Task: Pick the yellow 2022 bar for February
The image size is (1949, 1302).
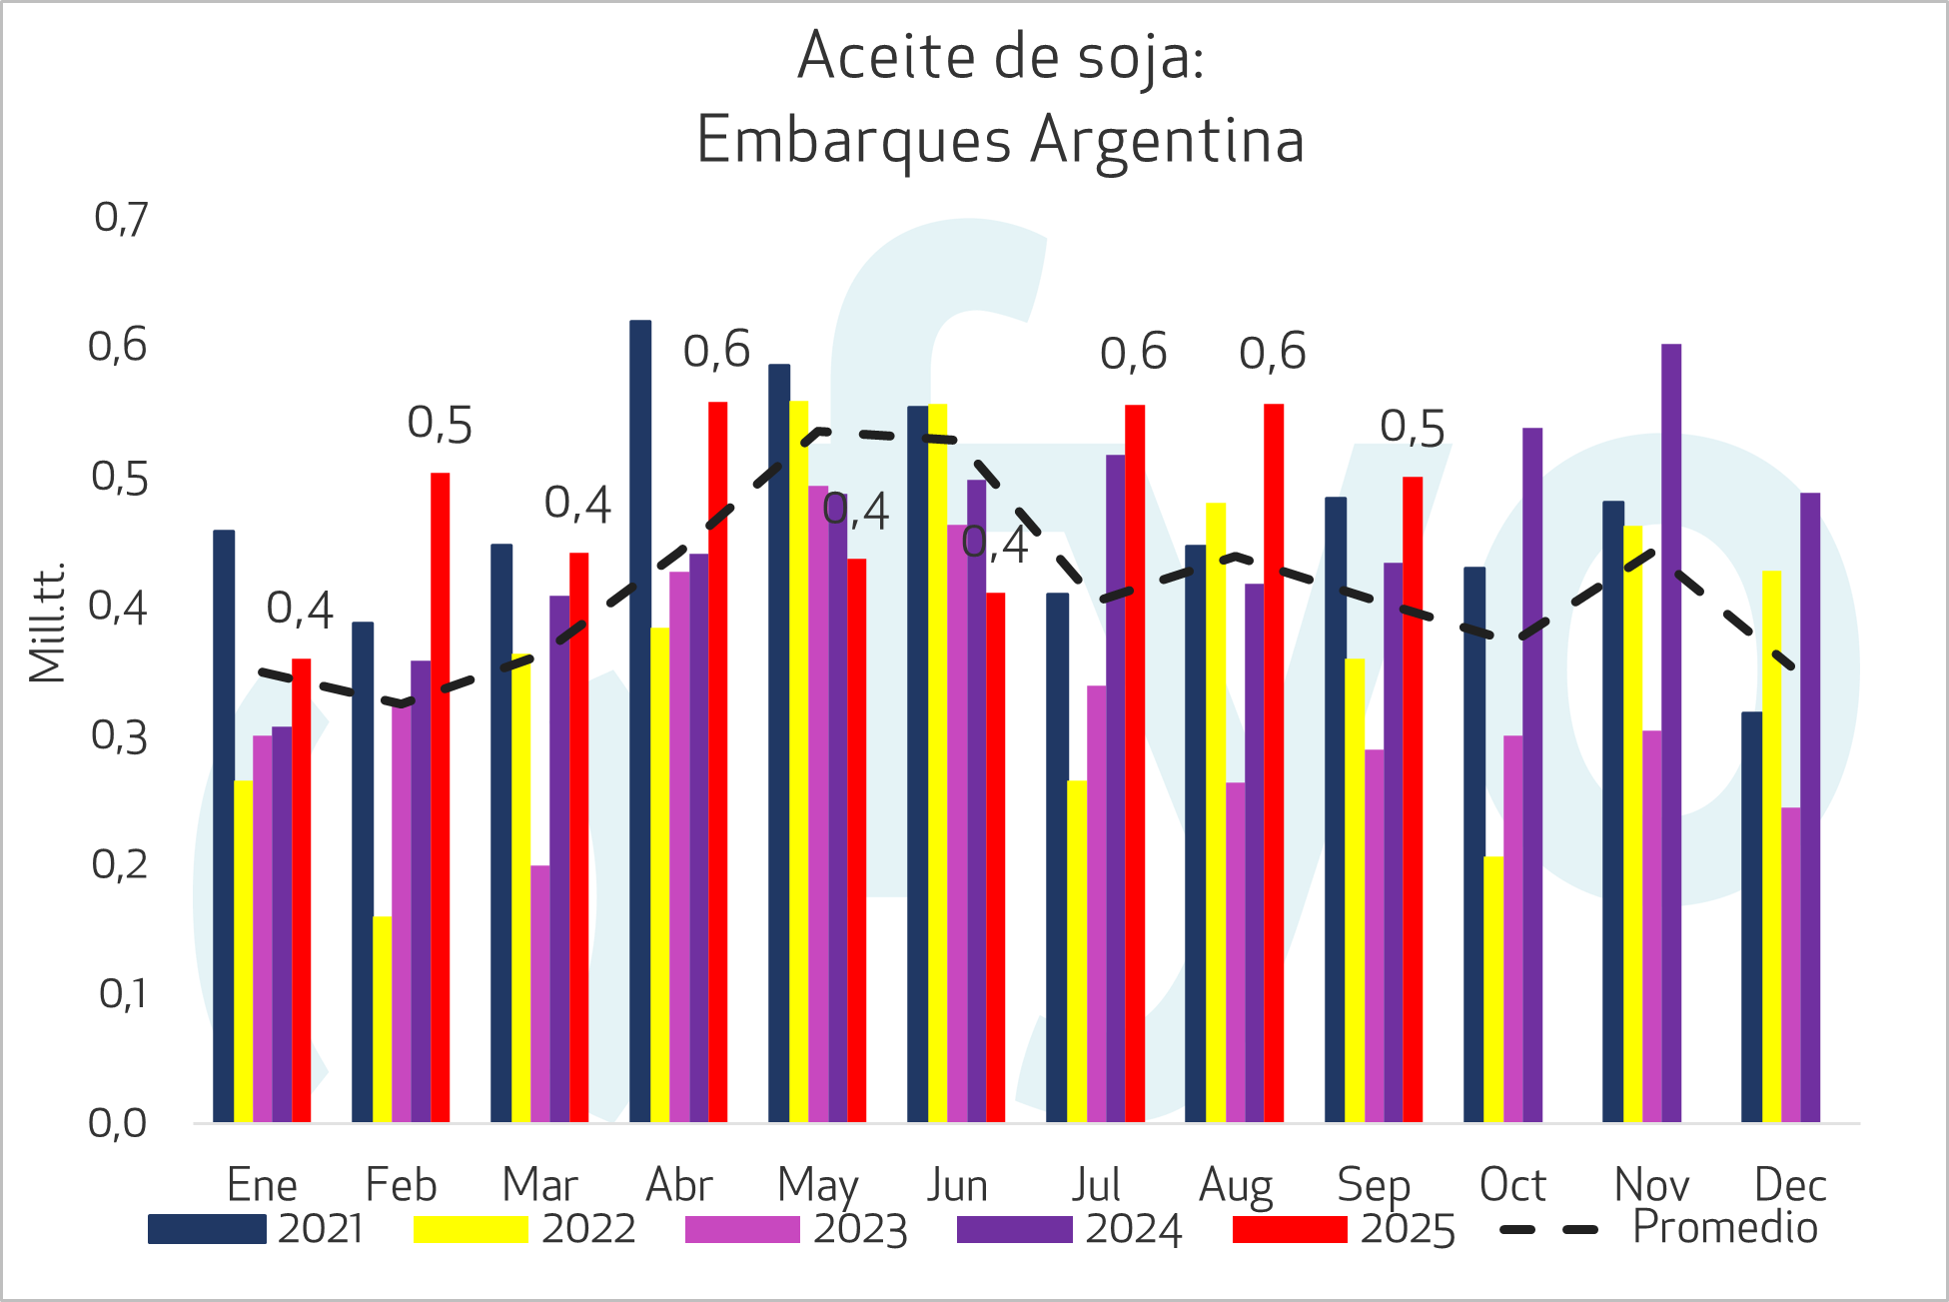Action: tap(382, 1019)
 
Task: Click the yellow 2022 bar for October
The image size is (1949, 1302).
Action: tap(1493, 989)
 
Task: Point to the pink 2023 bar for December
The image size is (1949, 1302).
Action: tap(1790, 964)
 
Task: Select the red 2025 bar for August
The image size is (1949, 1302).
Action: tap(1274, 763)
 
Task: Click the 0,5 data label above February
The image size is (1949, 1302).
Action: tap(440, 425)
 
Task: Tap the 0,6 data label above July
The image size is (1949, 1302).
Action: tap(1133, 353)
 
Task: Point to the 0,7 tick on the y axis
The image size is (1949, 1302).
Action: tap(121, 218)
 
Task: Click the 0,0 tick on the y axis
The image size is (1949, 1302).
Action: tap(118, 1123)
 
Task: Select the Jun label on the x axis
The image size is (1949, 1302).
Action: tap(957, 1185)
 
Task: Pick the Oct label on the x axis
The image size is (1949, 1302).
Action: tap(1512, 1185)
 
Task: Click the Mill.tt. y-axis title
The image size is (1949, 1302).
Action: tap(47, 622)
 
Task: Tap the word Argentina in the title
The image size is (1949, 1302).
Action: tap(1167, 139)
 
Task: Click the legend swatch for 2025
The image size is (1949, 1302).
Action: tap(1290, 1229)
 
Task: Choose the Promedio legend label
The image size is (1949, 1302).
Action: tap(1725, 1227)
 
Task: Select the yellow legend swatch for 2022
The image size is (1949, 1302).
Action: tap(471, 1229)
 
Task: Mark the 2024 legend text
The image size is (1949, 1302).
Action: tap(1134, 1229)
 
